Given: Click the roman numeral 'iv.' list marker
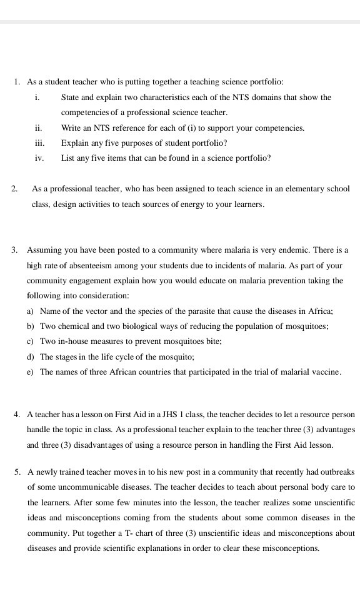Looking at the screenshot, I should tap(39, 158).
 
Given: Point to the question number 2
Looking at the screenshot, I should tap(15, 189).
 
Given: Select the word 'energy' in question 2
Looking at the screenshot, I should tap(201, 204).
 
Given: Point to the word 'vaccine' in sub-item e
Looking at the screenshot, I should tap(325, 372).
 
